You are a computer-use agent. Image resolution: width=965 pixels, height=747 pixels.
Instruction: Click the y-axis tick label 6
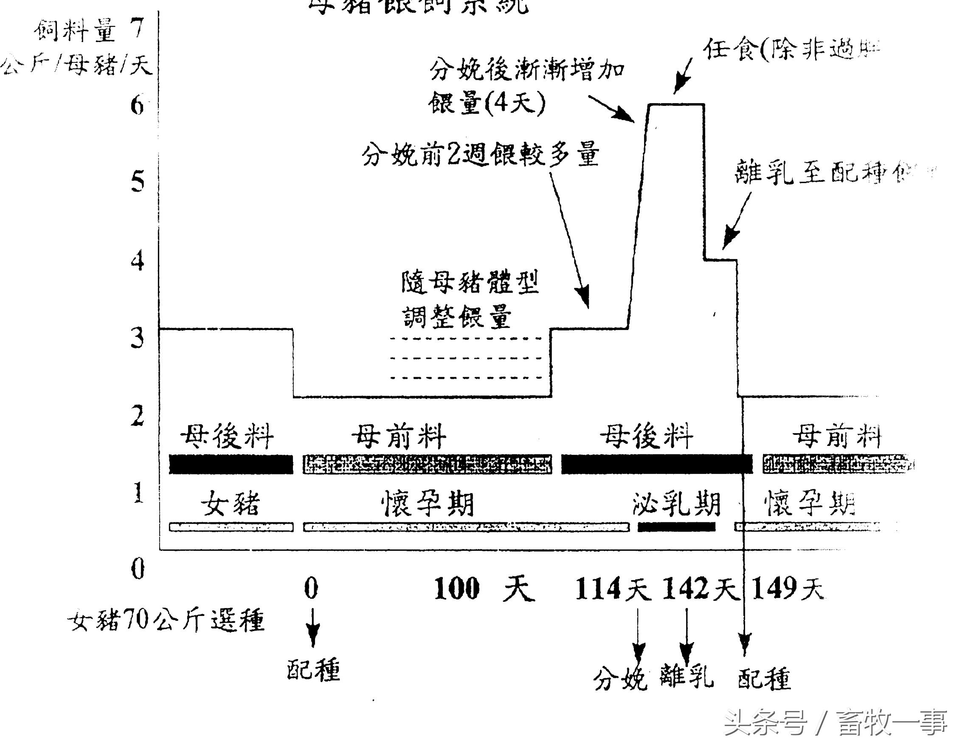(x=138, y=106)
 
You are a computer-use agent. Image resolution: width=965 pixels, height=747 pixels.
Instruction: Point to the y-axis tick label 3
(x=138, y=338)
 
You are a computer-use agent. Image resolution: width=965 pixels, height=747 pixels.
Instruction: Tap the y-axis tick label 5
(x=138, y=182)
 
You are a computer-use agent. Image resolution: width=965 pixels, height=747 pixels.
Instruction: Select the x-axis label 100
(x=456, y=589)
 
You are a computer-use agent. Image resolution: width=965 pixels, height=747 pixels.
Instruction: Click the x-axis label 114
(x=597, y=589)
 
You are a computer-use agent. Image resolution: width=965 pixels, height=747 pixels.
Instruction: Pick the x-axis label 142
(x=684, y=589)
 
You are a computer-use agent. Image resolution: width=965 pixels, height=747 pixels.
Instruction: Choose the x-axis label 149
(x=773, y=589)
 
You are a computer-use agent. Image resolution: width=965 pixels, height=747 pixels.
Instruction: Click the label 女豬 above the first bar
(x=230, y=504)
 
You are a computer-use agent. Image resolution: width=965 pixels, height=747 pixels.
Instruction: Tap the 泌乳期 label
(x=676, y=504)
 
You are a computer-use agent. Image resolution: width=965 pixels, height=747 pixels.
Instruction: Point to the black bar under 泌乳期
(x=676, y=527)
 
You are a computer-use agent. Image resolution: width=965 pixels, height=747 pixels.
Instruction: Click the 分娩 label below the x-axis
(x=620, y=679)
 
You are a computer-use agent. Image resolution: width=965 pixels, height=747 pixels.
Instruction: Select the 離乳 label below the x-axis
(x=686, y=676)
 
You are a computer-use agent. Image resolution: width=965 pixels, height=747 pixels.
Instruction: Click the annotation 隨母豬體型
(x=470, y=282)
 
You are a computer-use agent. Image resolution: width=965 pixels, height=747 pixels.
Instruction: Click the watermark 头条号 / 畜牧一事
(x=835, y=723)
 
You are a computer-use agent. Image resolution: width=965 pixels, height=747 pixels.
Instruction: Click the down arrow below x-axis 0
(x=313, y=628)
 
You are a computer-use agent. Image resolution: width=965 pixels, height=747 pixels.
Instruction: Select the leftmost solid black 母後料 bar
(x=231, y=464)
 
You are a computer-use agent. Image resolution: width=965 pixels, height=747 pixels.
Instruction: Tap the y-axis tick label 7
(x=138, y=29)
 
